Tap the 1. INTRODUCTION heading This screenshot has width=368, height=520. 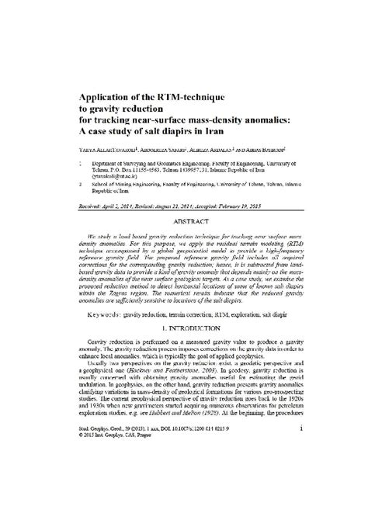tap(184, 313)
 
